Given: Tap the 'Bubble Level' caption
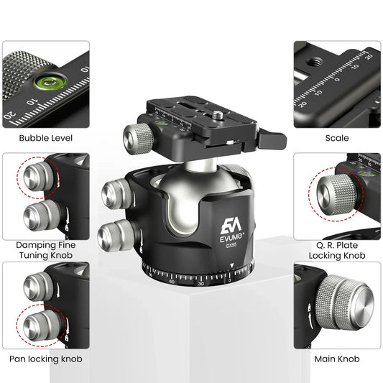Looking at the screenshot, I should point(45,137).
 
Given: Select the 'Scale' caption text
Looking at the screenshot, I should point(336,137).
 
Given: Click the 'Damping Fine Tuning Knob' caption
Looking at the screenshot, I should point(45,250).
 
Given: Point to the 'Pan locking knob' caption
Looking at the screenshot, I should point(45,358).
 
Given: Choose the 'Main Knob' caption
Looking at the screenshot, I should point(336,358).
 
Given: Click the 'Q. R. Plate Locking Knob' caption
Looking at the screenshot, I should point(336,250).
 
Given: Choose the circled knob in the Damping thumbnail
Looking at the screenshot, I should point(35,176).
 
